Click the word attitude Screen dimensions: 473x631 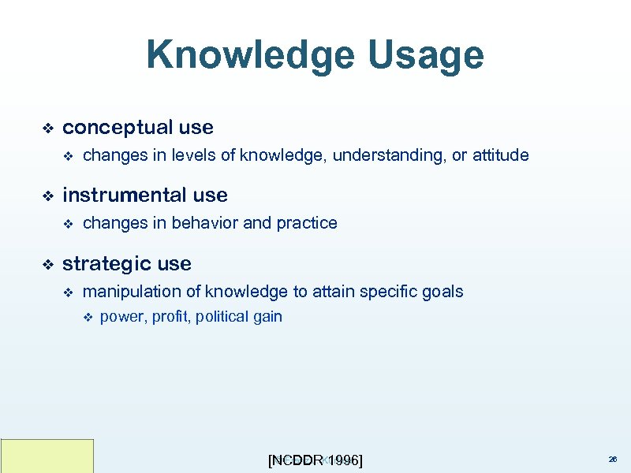click(x=501, y=155)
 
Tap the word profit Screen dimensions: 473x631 click(x=168, y=317)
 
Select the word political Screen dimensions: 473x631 click(x=222, y=317)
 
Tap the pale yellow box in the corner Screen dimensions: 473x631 click(x=47, y=456)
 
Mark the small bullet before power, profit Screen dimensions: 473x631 click(x=88, y=318)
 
